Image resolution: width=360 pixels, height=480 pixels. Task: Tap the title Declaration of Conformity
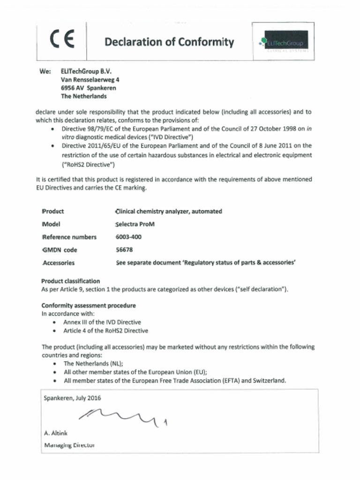[169, 42]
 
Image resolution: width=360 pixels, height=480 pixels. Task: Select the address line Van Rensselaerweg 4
[90, 80]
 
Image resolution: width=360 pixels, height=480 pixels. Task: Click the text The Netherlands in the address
[83, 96]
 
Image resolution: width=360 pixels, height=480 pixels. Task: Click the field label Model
[52, 224]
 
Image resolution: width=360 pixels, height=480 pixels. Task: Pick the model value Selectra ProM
[135, 224]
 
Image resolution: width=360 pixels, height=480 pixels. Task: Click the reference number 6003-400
[128, 237]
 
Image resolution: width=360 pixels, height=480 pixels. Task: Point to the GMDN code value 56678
[124, 250]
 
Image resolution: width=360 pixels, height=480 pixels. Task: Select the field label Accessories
[59, 263]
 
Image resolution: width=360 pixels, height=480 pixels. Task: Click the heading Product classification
[70, 281]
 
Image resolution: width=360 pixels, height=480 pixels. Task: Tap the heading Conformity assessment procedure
[89, 306]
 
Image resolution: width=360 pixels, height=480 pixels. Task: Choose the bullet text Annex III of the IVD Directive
[102, 322]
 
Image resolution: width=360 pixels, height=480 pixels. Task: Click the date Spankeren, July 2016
[72, 398]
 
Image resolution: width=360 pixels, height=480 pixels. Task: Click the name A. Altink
[56, 434]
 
